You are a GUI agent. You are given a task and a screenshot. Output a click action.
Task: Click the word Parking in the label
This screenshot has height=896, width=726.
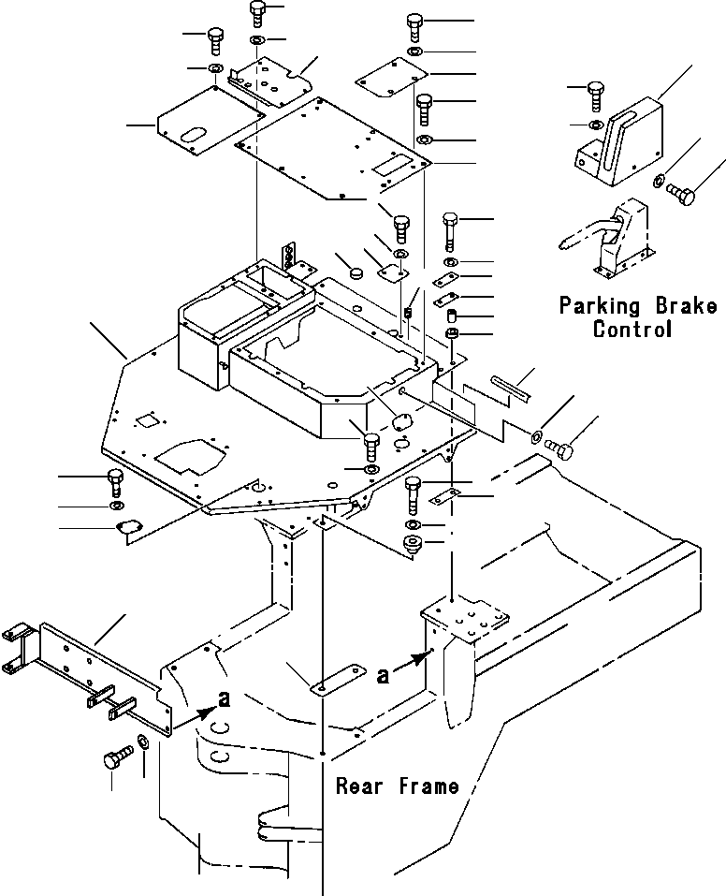(599, 306)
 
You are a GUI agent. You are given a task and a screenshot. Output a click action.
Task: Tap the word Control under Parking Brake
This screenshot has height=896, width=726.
(632, 330)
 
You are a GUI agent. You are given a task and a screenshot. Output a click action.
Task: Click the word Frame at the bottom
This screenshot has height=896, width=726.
(427, 786)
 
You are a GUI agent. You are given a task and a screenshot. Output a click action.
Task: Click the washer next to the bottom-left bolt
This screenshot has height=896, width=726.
(142, 742)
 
